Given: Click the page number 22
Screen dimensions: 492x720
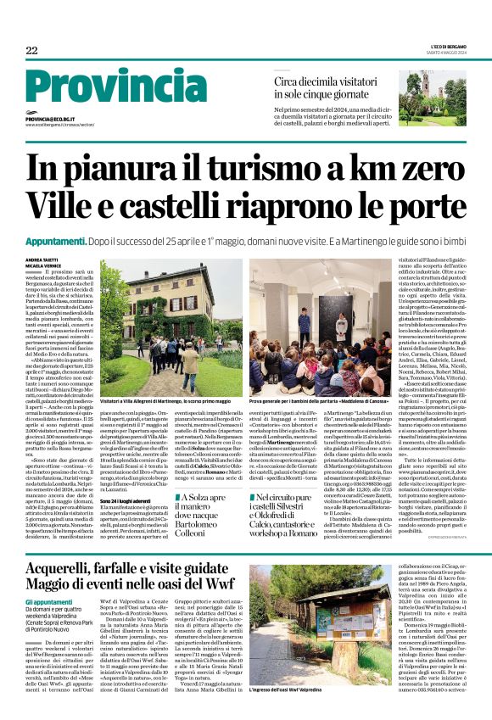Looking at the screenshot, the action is [x=31, y=51].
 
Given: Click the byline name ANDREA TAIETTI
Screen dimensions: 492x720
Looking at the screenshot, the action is [x=42, y=260].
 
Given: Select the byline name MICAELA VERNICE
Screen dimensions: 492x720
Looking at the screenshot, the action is [x=44, y=266].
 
